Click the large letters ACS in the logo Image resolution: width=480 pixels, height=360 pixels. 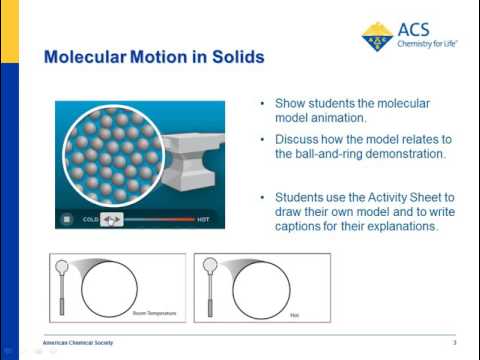click(414, 29)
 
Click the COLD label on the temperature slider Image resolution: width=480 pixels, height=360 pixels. click(90, 218)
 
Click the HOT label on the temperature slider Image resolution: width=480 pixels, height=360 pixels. click(203, 218)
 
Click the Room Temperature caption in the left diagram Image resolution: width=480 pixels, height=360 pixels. click(152, 313)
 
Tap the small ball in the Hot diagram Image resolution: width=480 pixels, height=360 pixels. click(210, 267)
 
